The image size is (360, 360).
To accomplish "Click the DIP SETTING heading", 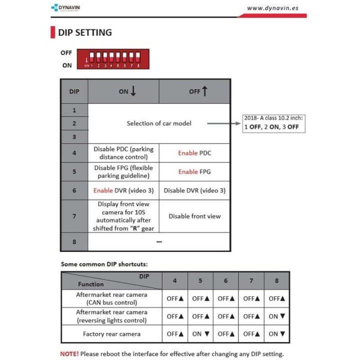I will [84, 33].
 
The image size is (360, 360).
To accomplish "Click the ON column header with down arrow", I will [127, 91].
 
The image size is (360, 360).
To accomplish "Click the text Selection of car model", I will [158, 123].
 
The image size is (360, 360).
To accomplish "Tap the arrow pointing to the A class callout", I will [223, 123].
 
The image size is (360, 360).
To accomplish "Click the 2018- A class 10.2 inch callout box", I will [273, 122].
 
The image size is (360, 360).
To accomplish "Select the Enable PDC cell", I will [194, 153].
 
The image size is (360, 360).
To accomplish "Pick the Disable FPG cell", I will [123, 171].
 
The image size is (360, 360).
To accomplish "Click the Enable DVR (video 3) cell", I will [123, 190].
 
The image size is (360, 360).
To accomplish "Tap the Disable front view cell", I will [194, 216].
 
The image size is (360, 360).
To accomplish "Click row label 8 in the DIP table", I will [74, 241].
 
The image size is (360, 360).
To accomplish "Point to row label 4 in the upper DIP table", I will [74, 153].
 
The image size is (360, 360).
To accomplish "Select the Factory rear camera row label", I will [111, 333].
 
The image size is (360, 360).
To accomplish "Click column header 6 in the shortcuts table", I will [225, 280].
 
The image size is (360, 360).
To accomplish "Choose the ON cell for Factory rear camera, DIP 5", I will [200, 333].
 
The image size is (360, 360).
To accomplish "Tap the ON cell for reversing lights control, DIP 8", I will [276, 316].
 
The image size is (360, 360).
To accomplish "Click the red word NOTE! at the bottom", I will [69, 353].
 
